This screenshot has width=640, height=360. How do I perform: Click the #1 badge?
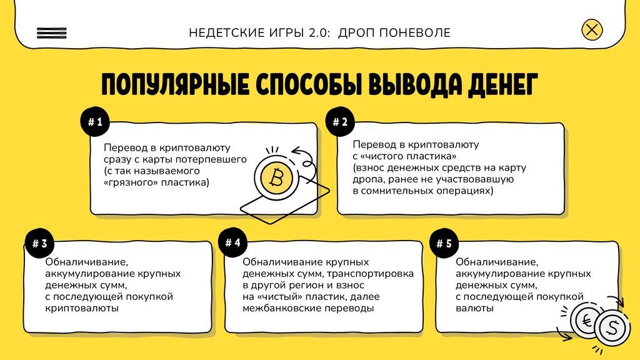coord(95,123)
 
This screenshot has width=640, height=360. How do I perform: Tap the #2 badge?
coord(340,122)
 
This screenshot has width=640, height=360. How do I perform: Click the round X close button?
coord(592,29)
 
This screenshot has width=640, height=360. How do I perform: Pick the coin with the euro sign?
coord(587,320)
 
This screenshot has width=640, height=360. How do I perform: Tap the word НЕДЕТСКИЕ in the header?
coord(222,32)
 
